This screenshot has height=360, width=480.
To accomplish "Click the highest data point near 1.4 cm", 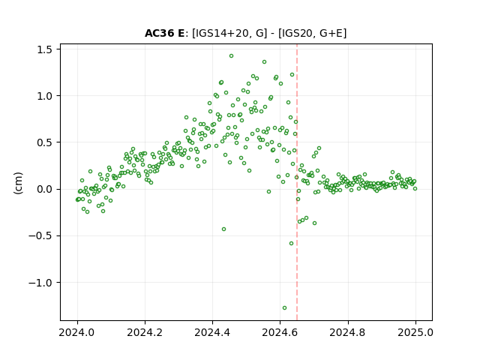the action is tap(232, 56).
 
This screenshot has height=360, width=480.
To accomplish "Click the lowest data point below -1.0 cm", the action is tap(284, 308).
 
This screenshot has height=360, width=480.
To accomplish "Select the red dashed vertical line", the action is tap(297, 182).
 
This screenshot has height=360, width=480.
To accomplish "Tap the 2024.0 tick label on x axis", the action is tap(77, 332).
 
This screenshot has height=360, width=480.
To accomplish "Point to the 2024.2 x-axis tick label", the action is tap(145, 332).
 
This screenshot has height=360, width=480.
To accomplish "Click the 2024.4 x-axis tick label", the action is tap(212, 332).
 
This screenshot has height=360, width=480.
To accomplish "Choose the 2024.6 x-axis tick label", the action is tap(280, 332).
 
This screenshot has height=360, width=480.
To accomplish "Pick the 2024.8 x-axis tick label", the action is tap(347, 332).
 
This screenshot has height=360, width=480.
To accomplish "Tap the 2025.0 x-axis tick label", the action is tap(415, 332).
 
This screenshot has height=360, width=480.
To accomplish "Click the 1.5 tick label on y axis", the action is tap(45, 49).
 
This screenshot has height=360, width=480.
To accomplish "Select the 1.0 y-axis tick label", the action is tap(45, 96).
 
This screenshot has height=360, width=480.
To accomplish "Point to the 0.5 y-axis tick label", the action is tap(45, 142).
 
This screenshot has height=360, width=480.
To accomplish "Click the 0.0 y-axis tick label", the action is tap(45, 190).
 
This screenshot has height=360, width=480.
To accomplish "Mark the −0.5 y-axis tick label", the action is tap(40, 236).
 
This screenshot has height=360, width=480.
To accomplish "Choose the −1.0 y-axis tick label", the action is tap(40, 283).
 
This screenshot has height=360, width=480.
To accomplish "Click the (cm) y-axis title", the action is tap(18, 183).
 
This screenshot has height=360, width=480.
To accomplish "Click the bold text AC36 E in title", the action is tap(165, 33).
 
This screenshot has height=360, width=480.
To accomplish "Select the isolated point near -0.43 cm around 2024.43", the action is tap(223, 229).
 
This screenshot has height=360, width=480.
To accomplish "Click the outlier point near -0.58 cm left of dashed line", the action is tap(291, 243).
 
